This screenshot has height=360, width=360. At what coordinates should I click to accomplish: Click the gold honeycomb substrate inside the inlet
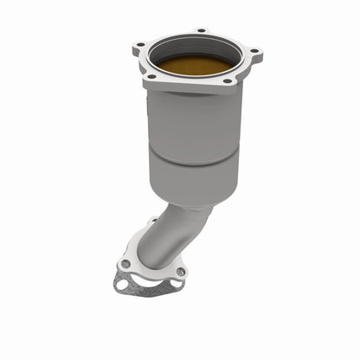(192, 66)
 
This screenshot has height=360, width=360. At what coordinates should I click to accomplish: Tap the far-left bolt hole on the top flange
(139, 42)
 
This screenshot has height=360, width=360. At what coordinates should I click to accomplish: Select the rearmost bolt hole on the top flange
(202, 31)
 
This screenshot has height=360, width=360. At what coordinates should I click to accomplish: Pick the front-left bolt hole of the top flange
(153, 77)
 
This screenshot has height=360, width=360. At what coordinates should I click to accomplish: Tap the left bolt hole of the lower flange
(127, 264)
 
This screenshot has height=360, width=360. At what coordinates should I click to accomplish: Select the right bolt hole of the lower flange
(180, 272)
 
